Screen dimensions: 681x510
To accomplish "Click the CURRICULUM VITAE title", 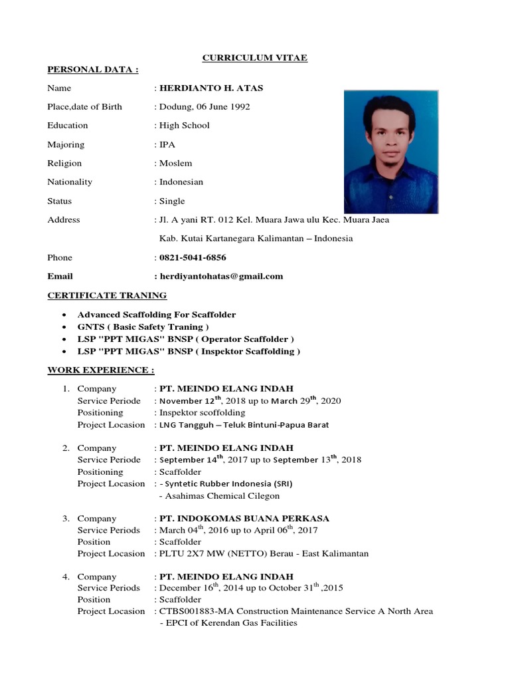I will [254, 58].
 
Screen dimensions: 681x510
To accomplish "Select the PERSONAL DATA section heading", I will [92, 69].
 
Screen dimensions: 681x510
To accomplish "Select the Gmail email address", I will [220, 276].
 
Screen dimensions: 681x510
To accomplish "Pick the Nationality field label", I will [70, 182].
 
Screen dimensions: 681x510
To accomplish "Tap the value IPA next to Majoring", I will [167, 144].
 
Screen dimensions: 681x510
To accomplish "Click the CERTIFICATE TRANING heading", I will [107, 295].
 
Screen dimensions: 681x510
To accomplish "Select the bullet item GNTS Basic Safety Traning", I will [143, 327].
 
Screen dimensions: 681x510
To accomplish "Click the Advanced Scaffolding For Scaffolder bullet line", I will [157, 314].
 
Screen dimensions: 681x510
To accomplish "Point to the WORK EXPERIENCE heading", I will [100, 370].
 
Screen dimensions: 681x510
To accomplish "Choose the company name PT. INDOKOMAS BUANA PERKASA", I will [244, 518].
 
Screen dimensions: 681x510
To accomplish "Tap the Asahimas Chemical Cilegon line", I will [220, 495].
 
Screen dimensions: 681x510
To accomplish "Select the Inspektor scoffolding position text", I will [202, 412].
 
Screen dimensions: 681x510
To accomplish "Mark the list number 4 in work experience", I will [66, 577].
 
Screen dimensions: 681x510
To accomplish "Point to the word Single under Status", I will [172, 201].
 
